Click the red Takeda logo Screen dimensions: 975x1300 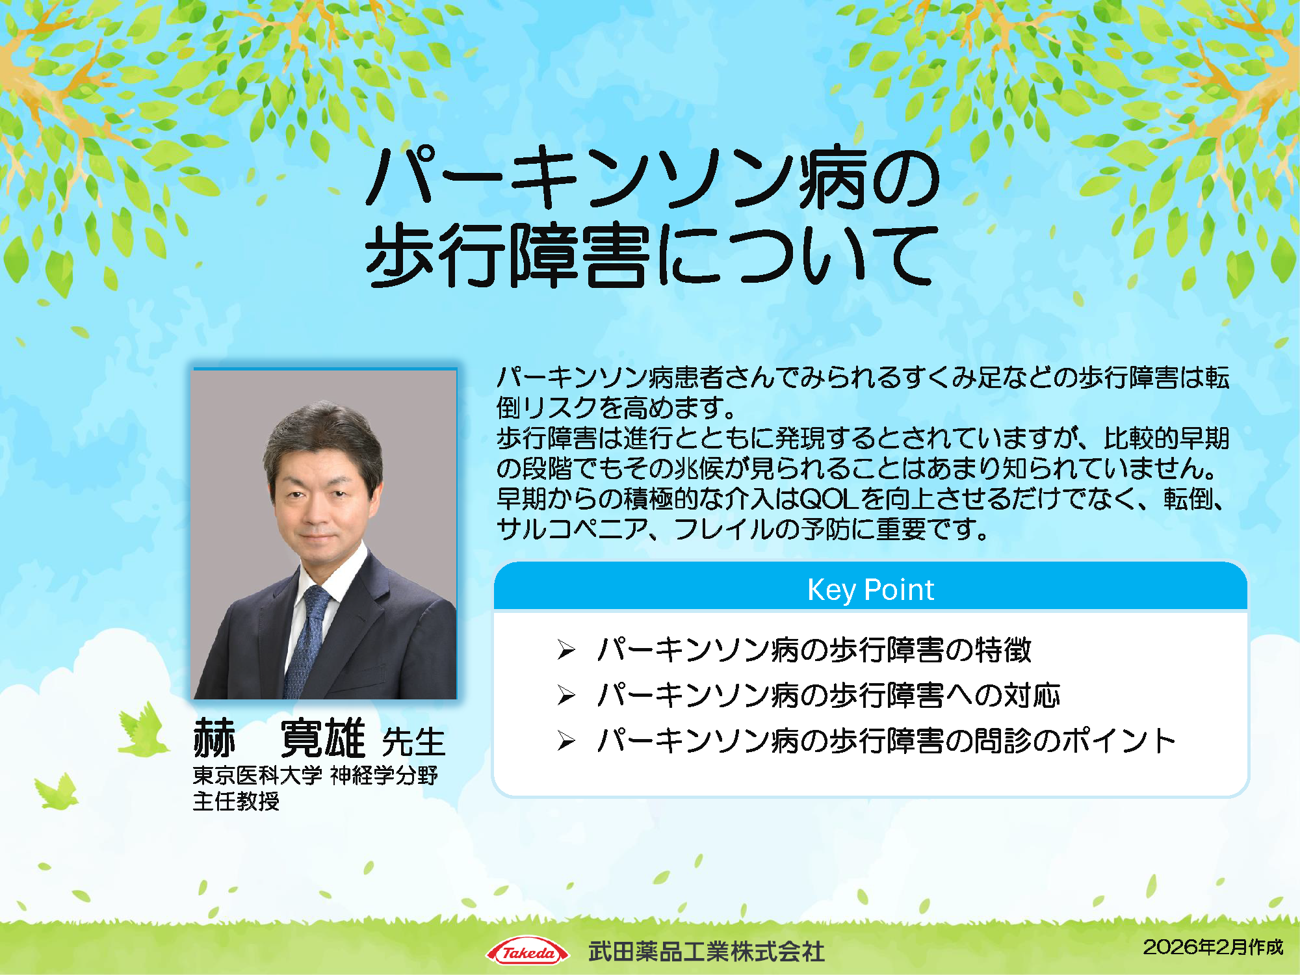(527, 952)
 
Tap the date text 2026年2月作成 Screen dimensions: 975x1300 (1213, 947)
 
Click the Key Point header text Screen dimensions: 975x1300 (870, 590)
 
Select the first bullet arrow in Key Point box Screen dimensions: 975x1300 (566, 649)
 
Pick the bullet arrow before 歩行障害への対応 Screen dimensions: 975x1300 (566, 695)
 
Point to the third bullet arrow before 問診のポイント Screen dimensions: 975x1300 (566, 740)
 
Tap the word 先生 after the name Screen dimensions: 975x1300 (413, 742)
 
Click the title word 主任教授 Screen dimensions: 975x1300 (236, 801)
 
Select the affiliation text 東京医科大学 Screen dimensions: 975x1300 (257, 775)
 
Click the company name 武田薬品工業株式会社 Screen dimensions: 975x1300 (707, 952)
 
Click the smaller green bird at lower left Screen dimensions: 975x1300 (57, 792)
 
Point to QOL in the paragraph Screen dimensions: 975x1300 (829, 499)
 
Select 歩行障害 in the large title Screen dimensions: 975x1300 (507, 255)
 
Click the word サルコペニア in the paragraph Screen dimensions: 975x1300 (572, 529)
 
